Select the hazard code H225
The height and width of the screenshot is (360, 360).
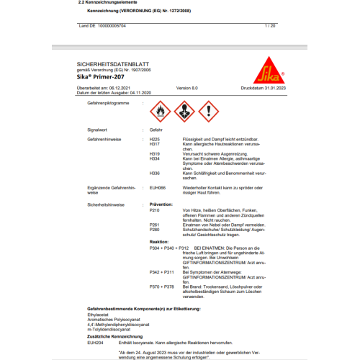tap(155, 138)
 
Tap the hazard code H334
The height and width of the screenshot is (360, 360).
tap(155, 158)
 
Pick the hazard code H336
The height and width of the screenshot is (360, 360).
tap(155, 174)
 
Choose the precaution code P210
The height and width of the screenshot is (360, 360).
tap(154, 210)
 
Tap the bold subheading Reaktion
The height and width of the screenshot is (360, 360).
tap(159, 241)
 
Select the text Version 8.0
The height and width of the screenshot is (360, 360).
tap(186, 88)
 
